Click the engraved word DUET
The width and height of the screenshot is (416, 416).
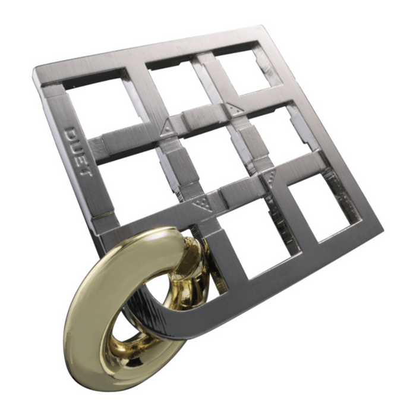pyautogui.click(x=78, y=152)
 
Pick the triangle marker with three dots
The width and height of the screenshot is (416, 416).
pyautogui.click(x=269, y=178)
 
